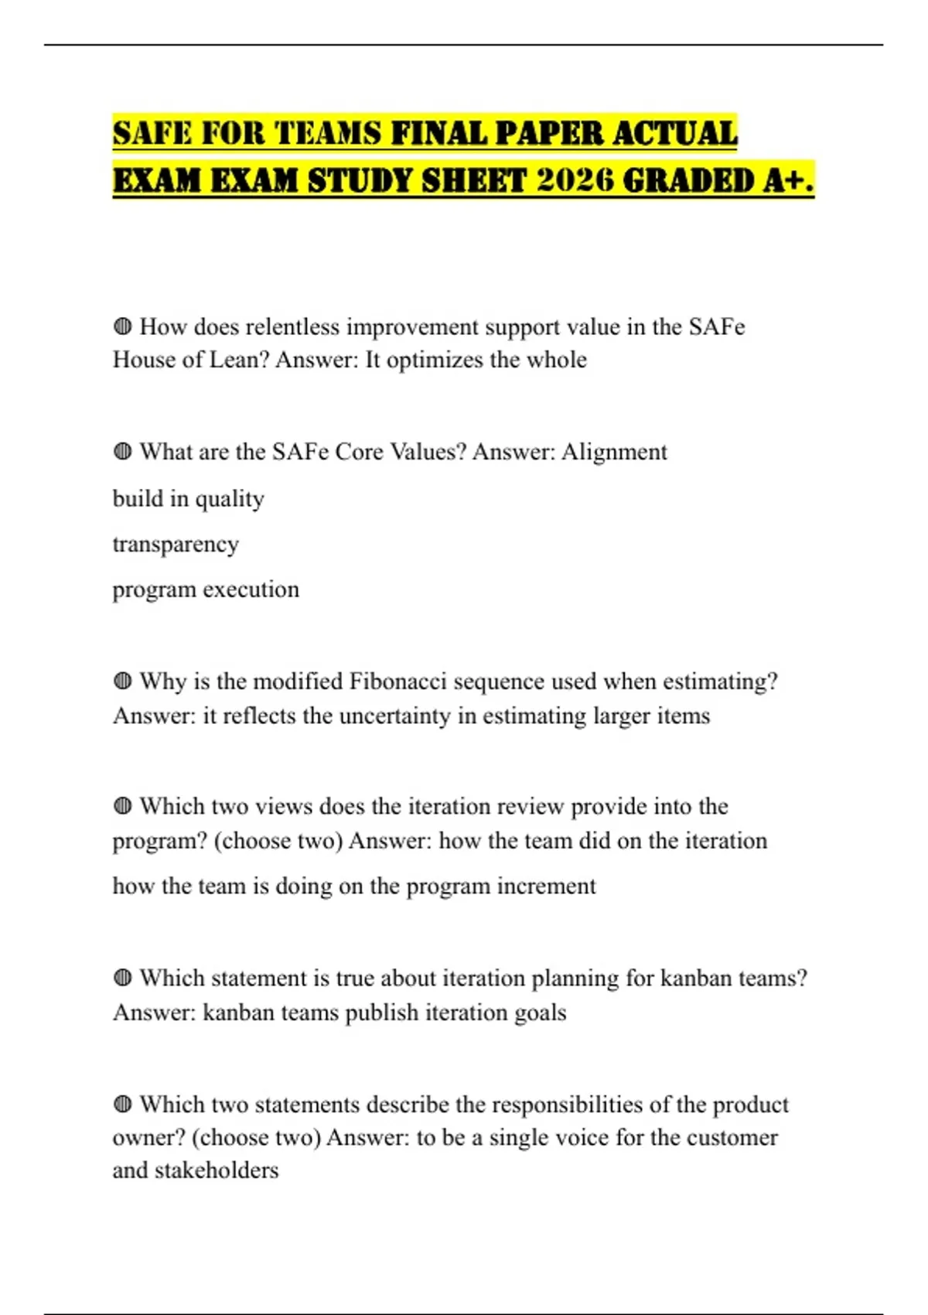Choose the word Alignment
(x=614, y=452)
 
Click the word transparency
(x=176, y=545)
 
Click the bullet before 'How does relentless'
(x=122, y=326)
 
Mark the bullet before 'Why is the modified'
(x=122, y=681)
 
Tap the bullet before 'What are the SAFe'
(x=122, y=451)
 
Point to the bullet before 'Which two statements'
(x=122, y=1104)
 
